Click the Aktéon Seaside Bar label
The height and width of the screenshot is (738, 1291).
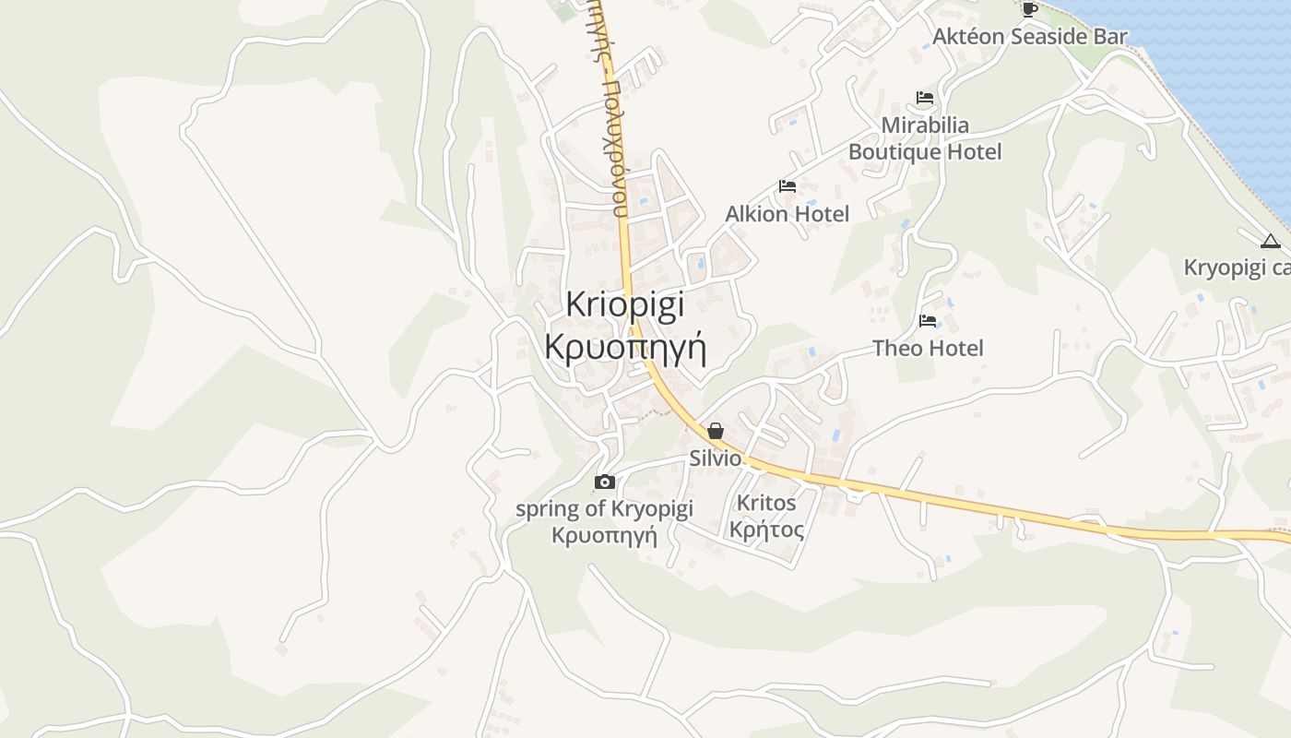coord(1029,37)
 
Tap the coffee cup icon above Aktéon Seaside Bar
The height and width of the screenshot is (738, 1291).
coord(1029,9)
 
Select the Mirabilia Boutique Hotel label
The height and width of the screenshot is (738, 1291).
coord(925,138)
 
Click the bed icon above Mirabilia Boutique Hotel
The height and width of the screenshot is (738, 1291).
coord(925,98)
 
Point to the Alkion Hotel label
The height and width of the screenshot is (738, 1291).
coord(787,214)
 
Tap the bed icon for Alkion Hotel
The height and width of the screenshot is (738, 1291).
coord(787,186)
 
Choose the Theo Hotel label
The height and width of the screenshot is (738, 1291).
coord(928,348)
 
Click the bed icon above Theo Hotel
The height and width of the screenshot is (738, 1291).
coord(928,321)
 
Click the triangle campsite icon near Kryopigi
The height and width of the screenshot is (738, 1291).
coord(1270,242)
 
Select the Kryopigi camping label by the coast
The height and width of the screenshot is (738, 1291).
coord(1237,268)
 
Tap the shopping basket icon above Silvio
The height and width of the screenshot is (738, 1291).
coord(716,431)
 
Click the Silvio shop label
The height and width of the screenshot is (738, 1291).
coord(716,458)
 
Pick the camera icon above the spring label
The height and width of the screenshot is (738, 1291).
coord(605,482)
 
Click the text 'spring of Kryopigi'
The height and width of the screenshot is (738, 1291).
coord(604,508)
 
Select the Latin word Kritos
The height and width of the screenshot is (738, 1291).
coord(766,503)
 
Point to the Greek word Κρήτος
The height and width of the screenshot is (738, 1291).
coord(766,530)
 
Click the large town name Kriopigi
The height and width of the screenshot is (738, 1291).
coord(624,304)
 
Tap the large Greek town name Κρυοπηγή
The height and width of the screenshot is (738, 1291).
coord(625,348)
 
